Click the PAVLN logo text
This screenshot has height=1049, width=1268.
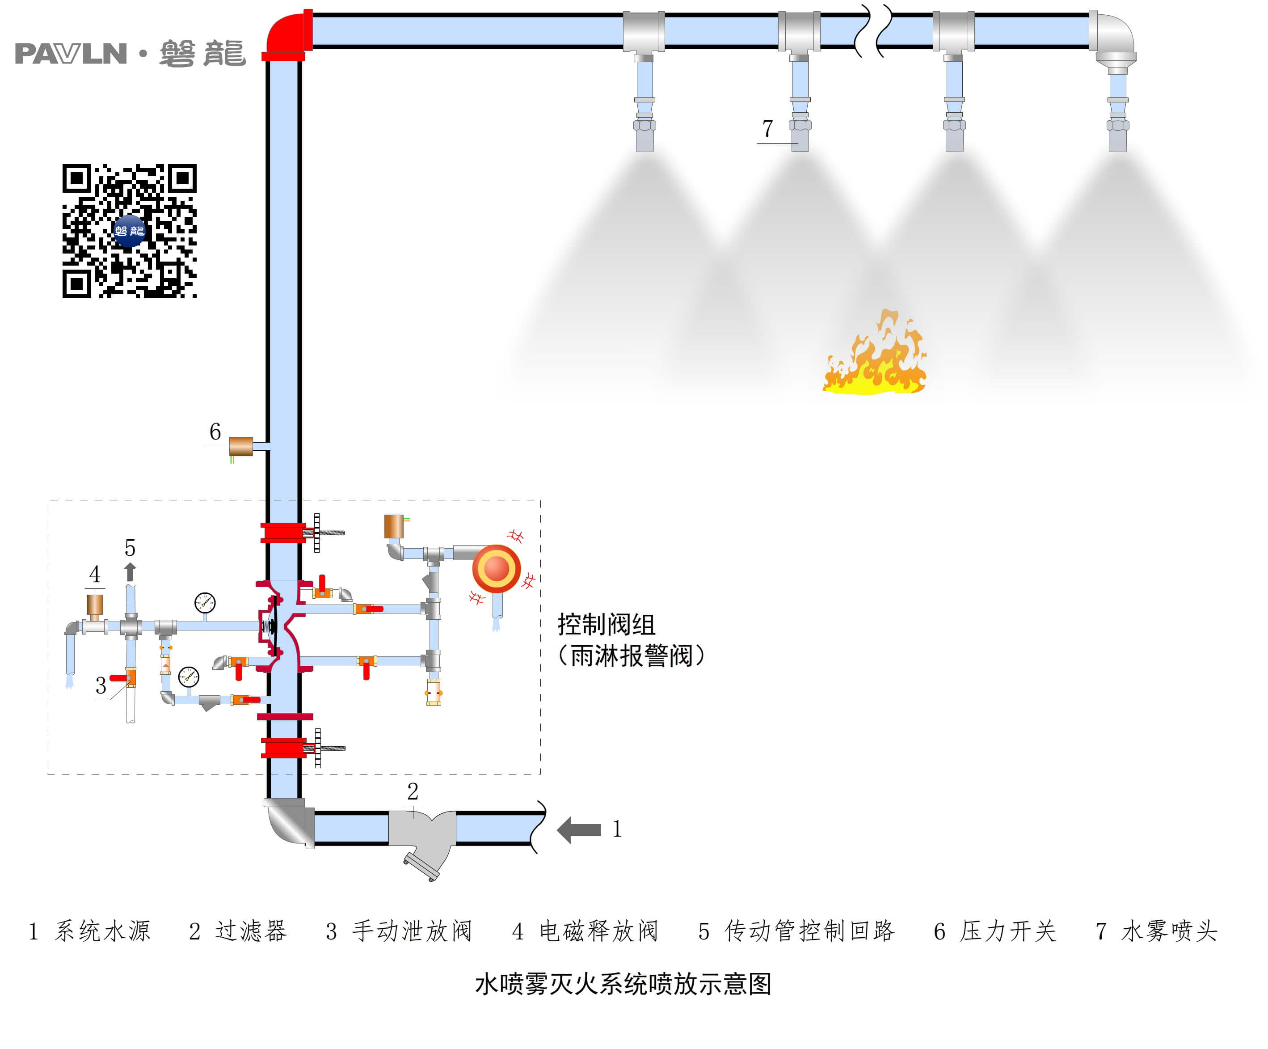[71, 54]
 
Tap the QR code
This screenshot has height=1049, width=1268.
[129, 231]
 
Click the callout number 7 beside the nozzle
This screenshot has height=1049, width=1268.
[767, 129]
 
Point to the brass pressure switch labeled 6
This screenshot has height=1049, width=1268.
[241, 446]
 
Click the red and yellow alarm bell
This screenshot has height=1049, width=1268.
[496, 568]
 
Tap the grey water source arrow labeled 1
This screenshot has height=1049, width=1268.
[579, 830]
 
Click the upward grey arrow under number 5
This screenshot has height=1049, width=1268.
[130, 571]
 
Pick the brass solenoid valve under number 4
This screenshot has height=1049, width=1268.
[95, 605]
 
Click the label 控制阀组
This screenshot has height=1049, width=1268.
[606, 625]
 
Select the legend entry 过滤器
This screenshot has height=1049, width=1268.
[251, 931]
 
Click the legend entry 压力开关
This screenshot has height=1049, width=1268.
[1008, 931]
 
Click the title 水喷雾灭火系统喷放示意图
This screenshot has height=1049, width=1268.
[623, 984]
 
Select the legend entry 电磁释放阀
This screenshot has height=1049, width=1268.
[598, 931]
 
